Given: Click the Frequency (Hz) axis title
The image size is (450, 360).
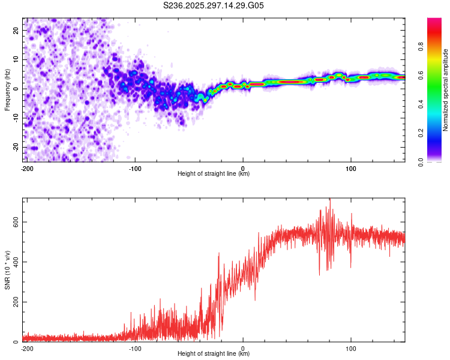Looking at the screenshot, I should (8, 89).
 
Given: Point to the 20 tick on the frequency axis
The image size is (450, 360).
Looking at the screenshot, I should (17, 30).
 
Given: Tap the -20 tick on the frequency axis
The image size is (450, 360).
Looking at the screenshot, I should (17, 147).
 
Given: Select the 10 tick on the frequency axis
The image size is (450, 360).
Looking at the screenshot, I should (17, 59).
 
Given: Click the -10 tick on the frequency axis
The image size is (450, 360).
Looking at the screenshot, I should (17, 118).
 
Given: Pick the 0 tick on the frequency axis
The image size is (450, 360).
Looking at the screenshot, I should (18, 89).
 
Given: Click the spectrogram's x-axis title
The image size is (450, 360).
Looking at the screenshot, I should (214, 174).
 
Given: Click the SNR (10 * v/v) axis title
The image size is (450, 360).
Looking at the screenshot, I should (8, 270).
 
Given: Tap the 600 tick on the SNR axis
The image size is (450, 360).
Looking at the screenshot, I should (14, 222).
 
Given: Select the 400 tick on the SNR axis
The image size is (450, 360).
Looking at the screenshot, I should (14, 262).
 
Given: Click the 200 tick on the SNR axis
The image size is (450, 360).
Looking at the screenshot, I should (14, 302).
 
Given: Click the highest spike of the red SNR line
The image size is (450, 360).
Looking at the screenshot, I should (329, 200).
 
